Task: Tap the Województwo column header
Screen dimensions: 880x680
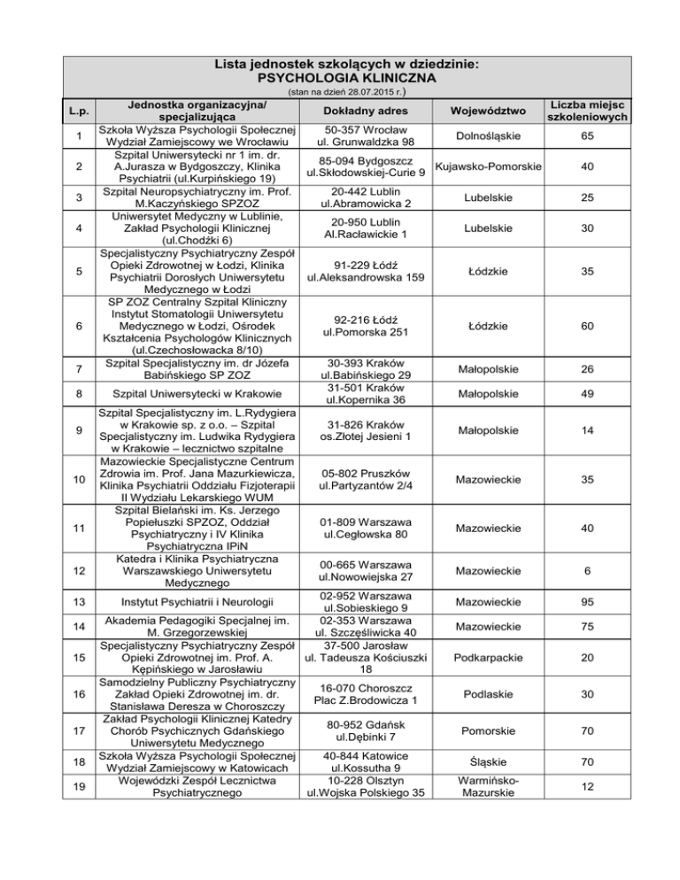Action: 489,111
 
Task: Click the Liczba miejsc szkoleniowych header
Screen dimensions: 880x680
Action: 587,111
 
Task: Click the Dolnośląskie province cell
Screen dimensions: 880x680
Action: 489,135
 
